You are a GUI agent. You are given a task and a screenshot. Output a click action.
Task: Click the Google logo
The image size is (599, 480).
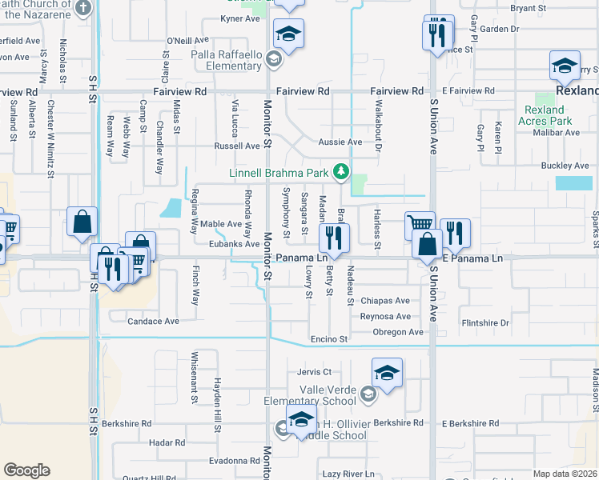click(x=26, y=470)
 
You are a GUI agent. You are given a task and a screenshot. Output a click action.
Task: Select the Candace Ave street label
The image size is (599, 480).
click(x=154, y=322)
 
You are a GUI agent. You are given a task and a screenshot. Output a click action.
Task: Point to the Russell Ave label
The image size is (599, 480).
click(x=236, y=146)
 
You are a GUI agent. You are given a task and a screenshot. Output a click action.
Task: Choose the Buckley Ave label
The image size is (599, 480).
click(x=565, y=166)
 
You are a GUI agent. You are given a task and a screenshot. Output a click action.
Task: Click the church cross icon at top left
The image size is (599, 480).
click(x=82, y=8)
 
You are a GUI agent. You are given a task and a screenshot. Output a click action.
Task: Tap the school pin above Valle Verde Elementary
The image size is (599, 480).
click(x=387, y=373)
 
